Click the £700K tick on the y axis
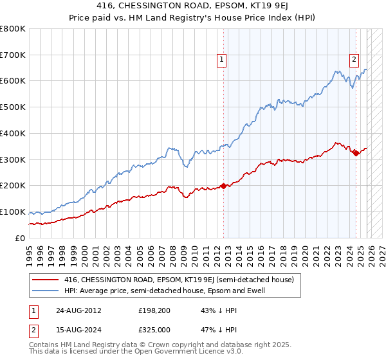point(13,55)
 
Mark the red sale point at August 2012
point(223,186)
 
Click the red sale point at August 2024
point(356,152)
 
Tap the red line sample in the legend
point(46,280)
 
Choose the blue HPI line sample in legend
point(46,291)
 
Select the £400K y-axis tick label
point(13,134)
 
